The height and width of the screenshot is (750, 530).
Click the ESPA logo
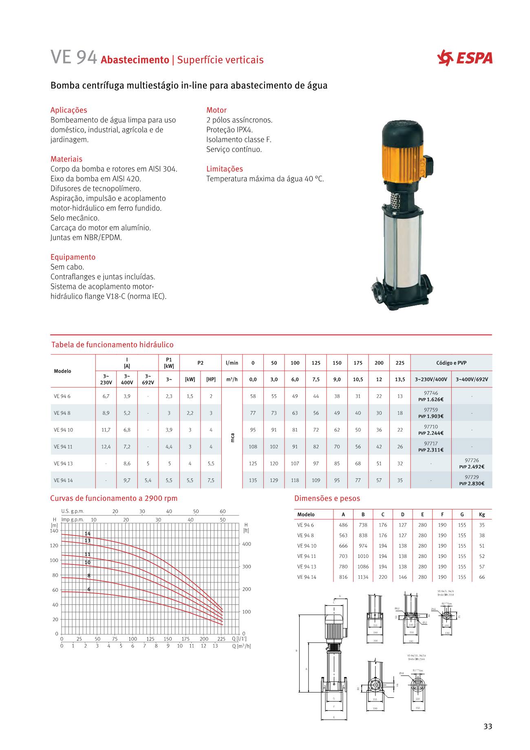[464, 58]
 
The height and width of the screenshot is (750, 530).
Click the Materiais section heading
[66, 159]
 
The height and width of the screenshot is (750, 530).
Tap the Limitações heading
[224, 169]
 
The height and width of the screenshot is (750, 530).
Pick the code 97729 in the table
[472, 477]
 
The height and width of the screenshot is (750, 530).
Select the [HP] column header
[211, 379]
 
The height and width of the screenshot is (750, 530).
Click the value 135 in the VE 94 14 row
[253, 480]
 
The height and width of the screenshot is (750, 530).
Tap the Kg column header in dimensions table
[482, 515]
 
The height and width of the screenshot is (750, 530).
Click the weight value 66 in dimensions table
[482, 577]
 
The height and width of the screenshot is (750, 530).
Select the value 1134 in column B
[363, 577]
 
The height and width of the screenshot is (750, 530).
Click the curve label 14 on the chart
[87, 534]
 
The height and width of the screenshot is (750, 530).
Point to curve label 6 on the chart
[89, 589]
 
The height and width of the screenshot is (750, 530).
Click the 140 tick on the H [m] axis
[54, 531]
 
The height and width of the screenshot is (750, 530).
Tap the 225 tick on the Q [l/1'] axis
[221, 639]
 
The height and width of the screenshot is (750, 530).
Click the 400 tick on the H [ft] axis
[247, 544]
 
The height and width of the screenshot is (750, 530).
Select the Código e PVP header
[451, 363]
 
